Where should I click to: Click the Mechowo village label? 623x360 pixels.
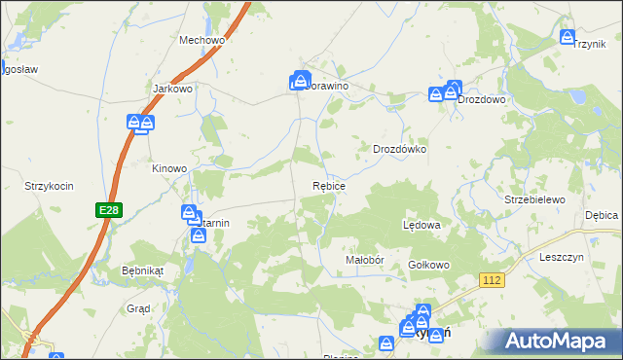click(202, 41)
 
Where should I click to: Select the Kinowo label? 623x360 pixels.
click(168, 168)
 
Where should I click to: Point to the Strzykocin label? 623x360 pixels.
click(49, 185)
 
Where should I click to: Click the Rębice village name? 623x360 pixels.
click(328, 185)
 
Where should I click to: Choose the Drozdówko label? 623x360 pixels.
click(400, 150)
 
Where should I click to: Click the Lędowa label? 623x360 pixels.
click(422, 225)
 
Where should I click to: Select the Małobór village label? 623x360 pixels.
click(366, 261)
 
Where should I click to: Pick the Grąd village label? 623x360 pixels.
click(138, 308)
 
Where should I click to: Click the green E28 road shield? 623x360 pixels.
click(108, 210)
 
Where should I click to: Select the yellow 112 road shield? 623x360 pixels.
click(493, 280)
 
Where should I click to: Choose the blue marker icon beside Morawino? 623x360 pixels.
click(300, 82)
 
